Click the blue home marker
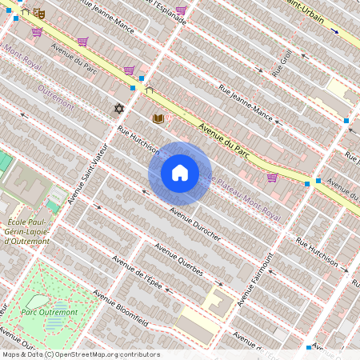pos(180,173)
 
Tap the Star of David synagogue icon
pos(120,108)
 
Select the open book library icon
pos(158,119)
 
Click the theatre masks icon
pos(39,14)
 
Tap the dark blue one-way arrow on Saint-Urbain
pos(335,32)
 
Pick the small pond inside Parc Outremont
pos(54,323)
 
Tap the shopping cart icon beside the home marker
pos(272,178)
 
